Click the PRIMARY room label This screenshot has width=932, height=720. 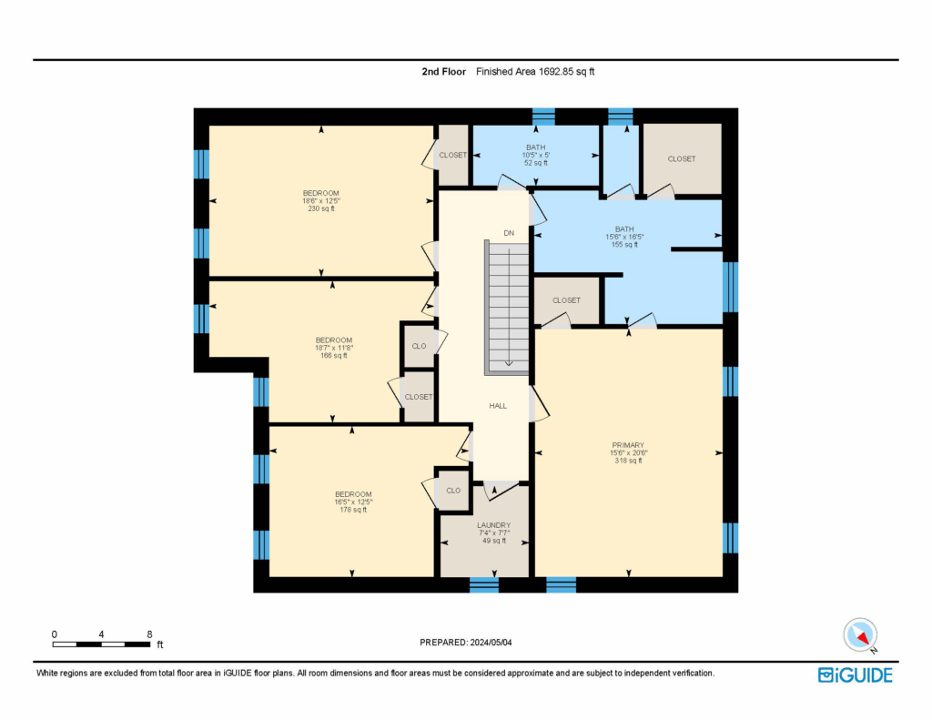(x=628, y=445)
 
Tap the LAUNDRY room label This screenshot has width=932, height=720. (x=493, y=525)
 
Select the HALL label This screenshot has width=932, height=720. (x=498, y=405)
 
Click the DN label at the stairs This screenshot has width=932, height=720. (x=509, y=233)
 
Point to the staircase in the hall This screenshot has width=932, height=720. (x=506, y=308)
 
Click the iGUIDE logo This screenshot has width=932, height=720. (x=856, y=675)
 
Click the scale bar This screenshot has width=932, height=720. (x=101, y=644)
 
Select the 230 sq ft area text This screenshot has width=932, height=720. (x=321, y=208)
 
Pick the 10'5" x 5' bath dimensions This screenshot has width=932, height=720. (x=535, y=155)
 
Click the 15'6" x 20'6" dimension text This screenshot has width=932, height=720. (x=628, y=452)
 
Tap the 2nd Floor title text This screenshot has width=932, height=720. (x=444, y=71)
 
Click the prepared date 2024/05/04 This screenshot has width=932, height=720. (x=491, y=642)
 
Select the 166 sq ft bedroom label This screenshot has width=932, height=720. (x=333, y=356)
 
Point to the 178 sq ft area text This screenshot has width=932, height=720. (x=353, y=510)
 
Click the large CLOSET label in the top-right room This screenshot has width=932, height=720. (x=681, y=158)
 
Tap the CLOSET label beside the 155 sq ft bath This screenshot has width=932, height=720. (x=566, y=300)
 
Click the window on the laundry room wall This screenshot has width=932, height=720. (x=484, y=584)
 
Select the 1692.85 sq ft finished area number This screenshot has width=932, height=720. (x=566, y=71)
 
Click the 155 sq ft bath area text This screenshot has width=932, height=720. (x=624, y=244)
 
